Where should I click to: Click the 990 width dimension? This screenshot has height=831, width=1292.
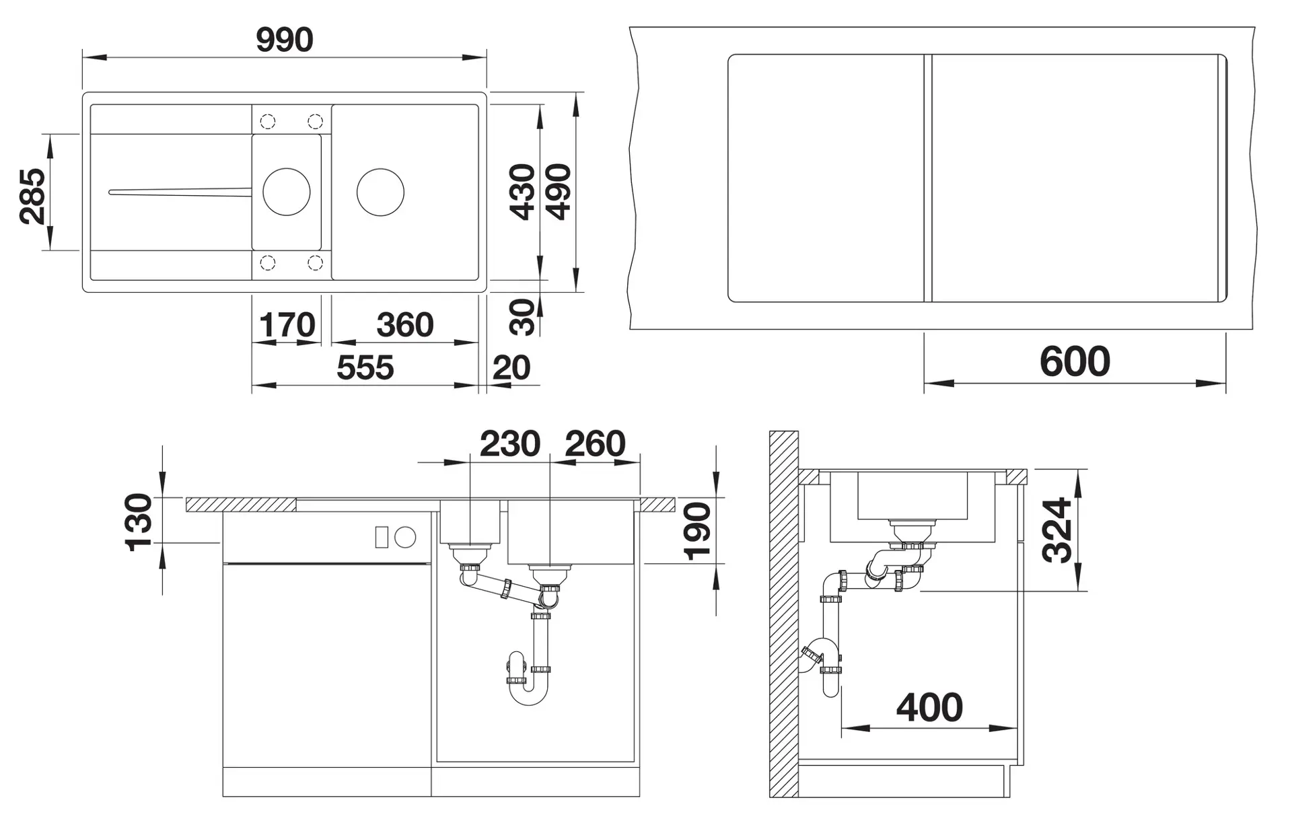[x=285, y=40]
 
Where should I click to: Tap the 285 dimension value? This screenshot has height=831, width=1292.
[x=32, y=196]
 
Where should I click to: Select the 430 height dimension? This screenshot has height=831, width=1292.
[x=523, y=192]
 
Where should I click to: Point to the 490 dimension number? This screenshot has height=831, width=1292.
[x=559, y=192]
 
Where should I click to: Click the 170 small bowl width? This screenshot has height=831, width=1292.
[x=287, y=326]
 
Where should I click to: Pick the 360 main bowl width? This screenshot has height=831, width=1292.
[x=405, y=325]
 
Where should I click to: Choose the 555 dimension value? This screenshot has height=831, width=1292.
[x=365, y=368]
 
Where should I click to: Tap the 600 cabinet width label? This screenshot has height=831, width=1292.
[x=1075, y=361]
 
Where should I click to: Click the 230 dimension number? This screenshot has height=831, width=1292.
[x=510, y=444]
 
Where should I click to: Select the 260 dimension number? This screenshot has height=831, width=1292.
[x=596, y=444]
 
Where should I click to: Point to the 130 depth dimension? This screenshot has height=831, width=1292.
[x=139, y=522]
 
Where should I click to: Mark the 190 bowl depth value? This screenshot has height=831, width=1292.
[x=697, y=531]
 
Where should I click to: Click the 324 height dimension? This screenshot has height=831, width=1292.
[x=1057, y=530]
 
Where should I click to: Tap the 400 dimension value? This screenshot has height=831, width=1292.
[x=929, y=708]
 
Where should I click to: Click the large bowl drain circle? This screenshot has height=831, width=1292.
[x=380, y=192]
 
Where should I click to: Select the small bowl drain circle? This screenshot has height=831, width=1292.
[x=287, y=192]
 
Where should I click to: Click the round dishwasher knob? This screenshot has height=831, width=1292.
[x=405, y=537]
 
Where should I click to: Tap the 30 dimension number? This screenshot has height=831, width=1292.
[x=522, y=318]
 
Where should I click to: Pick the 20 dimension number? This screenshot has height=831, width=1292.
[x=511, y=368]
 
